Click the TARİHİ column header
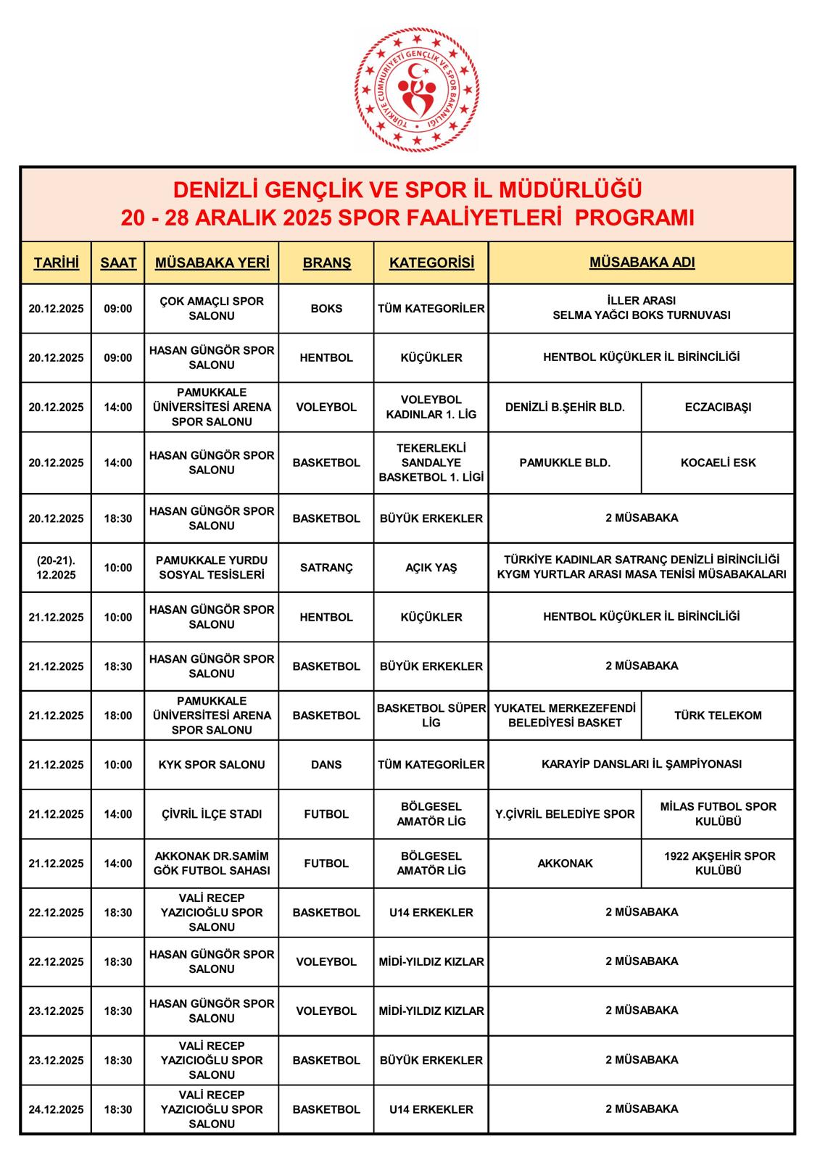point(57,262)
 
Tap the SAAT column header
point(118,262)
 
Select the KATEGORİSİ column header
point(431,262)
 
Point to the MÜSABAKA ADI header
point(642,262)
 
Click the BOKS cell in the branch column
point(326,308)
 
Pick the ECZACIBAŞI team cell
point(718,407)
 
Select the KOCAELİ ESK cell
point(718,463)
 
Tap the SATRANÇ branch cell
point(326,568)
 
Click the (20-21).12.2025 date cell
point(57,568)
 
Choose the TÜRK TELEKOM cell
point(718,716)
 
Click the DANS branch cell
point(326,765)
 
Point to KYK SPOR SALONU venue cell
point(212,765)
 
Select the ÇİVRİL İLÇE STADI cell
point(212,814)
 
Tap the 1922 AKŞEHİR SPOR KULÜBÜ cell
point(718,863)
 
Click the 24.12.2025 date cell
point(57,1109)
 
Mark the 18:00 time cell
point(118,716)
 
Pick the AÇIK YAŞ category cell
point(431,568)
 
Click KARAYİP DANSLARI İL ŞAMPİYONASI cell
point(642,764)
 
